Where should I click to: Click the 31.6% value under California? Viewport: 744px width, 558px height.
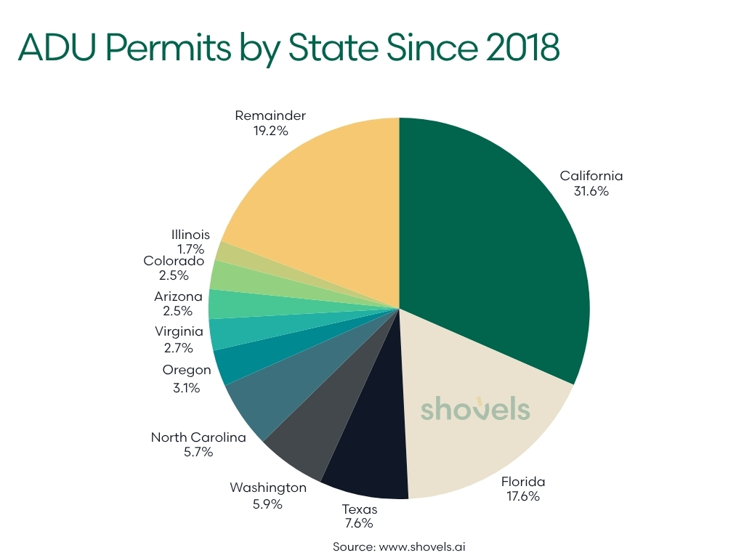(591, 192)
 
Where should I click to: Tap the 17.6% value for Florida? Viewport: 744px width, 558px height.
(523, 497)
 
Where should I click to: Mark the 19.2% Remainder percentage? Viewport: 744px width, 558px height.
(270, 132)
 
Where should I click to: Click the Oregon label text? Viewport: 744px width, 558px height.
(187, 370)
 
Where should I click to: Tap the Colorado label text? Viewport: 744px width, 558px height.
(174, 260)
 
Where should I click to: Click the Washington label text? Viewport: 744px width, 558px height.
(268, 488)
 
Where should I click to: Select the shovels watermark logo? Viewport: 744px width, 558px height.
(475, 409)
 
